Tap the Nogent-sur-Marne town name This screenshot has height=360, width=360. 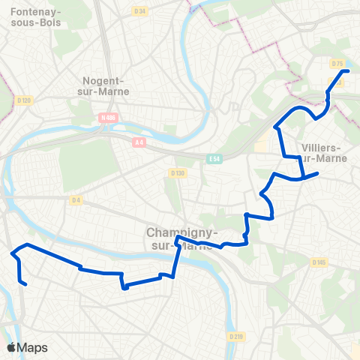105,85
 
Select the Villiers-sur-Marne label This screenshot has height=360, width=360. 320,152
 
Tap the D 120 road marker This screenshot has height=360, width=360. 24,100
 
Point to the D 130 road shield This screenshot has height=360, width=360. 177,173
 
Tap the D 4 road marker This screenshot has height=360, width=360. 76,199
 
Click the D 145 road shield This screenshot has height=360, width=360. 319,262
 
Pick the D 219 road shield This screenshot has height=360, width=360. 237,337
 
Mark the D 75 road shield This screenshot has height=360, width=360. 337,64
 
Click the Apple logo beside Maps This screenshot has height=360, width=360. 11,347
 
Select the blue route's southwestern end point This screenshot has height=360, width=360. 26,284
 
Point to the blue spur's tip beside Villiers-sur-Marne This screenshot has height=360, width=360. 318,174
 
